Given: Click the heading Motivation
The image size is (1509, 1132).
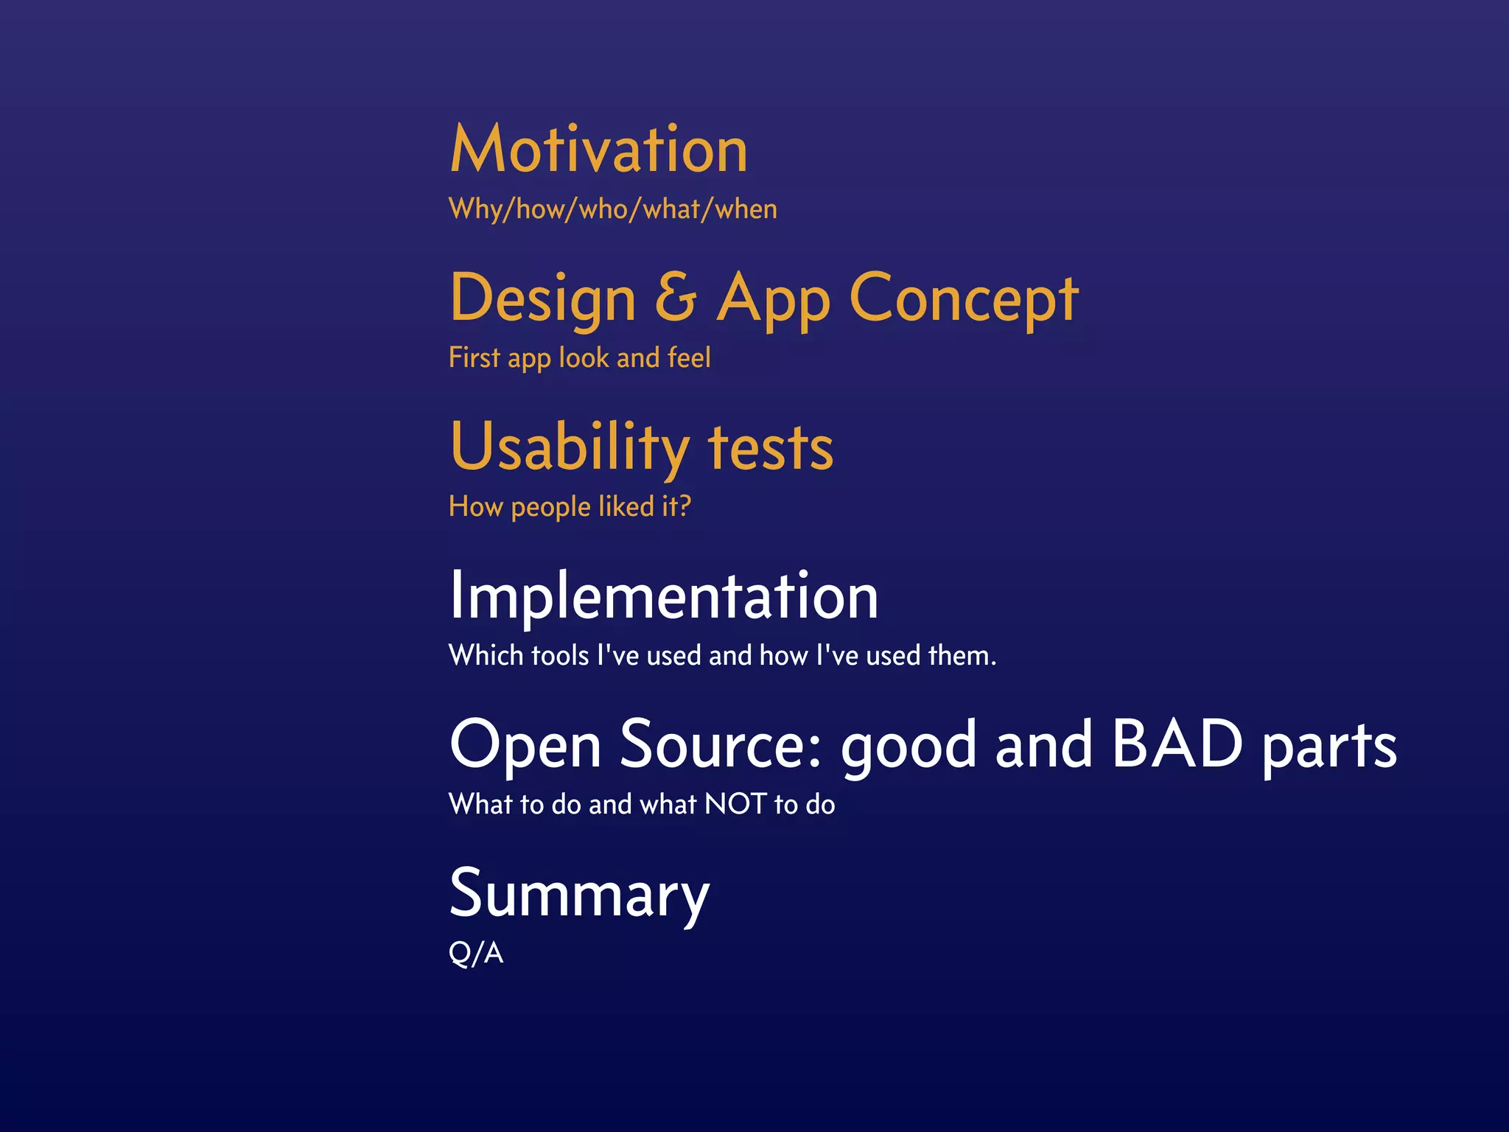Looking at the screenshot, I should click(598, 150).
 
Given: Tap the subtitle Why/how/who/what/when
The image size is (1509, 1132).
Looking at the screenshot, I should click(612, 209).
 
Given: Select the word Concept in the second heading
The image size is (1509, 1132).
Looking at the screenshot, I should click(964, 298).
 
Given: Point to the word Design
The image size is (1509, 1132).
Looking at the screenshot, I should click(542, 298).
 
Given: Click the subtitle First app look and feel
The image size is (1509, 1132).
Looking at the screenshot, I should click(579, 358).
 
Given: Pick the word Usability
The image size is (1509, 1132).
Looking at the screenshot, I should click(569, 447).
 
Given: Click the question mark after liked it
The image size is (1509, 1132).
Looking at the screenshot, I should click(685, 506).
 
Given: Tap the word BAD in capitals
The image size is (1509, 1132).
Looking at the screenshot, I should click(1177, 744).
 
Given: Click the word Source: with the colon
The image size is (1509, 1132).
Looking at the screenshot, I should click(720, 744).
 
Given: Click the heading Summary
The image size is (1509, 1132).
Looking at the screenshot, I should click(579, 894).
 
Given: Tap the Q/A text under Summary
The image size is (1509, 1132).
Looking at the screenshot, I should click(476, 953).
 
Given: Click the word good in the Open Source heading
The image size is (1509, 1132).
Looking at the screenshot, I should click(909, 747).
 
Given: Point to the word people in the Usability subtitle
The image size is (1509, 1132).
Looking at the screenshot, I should click(550, 507).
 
